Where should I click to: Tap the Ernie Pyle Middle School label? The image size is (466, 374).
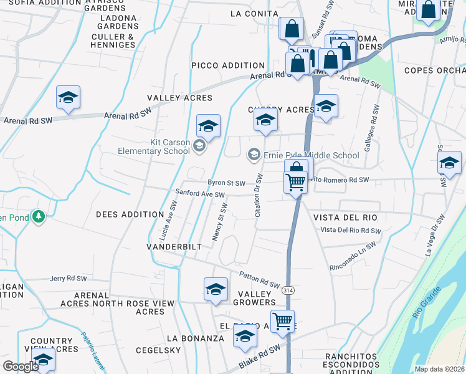coord(311,155)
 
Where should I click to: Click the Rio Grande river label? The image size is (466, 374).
coord(426,302)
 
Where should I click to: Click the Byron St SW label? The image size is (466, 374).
coord(226,183)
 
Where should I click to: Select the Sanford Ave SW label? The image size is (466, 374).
coord(199,194)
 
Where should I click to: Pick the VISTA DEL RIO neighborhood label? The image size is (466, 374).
coord(345,217)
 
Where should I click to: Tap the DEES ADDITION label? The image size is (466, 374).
coord(130,214)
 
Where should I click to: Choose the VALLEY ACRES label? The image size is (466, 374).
coord(179,98)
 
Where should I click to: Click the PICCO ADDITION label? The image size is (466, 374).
coord(228,65)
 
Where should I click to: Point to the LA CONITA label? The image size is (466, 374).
coord(254,14)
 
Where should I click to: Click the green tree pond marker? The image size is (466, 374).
coord(39,216)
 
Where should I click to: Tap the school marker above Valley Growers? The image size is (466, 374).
coord(216,289)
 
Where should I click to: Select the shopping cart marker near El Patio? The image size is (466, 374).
coord(282,321)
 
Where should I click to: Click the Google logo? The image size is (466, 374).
coord(21,367)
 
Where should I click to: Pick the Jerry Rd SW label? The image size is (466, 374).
coord(67,279)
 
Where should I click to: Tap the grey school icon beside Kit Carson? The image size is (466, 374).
coord(199,146)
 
